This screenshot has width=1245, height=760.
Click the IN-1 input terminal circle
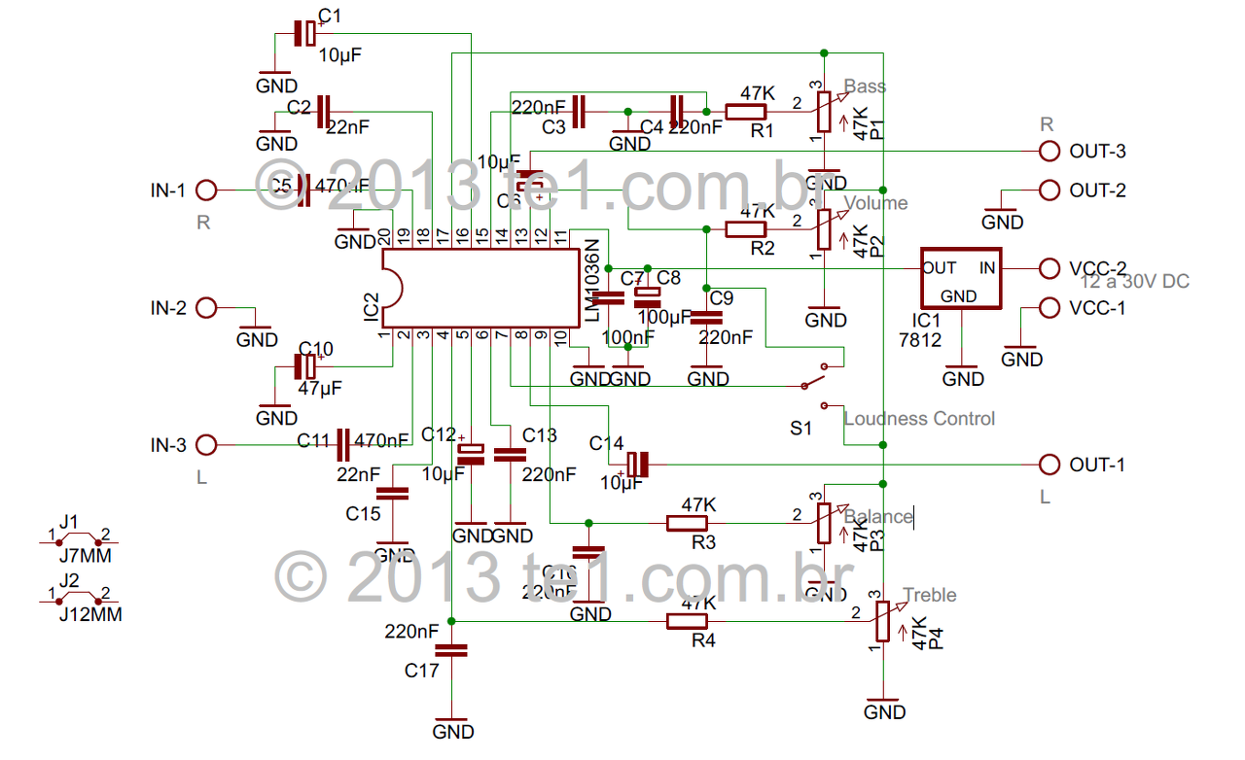pyautogui.click(x=206, y=190)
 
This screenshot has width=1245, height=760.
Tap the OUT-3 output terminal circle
pyautogui.click(x=1049, y=151)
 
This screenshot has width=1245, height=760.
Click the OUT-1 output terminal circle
pyautogui.click(x=1049, y=464)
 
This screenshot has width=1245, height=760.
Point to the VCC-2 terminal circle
pyautogui.click(x=1049, y=268)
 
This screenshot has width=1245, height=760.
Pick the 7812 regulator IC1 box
pyautogui.click(x=961, y=279)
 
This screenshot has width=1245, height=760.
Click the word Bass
pyautogui.click(x=865, y=86)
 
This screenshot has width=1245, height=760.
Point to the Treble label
pyautogui.click(x=929, y=595)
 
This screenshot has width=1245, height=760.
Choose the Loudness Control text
pyautogui.click(x=919, y=419)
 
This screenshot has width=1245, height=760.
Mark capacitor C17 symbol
pyautogui.click(x=452, y=649)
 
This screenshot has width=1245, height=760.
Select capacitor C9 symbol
pyautogui.click(x=708, y=316)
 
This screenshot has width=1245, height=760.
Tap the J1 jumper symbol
pyautogui.click(x=78, y=537)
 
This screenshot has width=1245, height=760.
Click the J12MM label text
pyautogui.click(x=86, y=614)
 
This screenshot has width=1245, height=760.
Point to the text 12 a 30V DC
pyautogui.click(x=1135, y=282)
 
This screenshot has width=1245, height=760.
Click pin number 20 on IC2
pyautogui.click(x=385, y=236)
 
